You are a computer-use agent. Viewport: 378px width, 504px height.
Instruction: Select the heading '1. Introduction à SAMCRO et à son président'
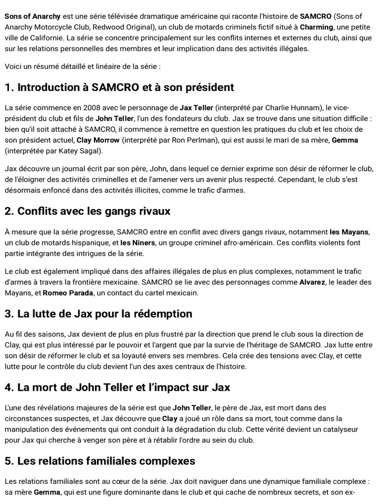point(119,88)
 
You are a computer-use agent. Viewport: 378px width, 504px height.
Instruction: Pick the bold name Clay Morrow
point(98,140)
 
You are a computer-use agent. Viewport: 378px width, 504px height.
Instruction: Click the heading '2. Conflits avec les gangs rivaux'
point(88,211)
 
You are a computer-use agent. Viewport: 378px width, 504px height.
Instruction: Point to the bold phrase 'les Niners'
point(138,243)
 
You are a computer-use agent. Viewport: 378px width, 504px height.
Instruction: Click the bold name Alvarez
point(313,282)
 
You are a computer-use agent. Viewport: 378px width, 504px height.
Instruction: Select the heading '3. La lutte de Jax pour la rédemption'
point(98,314)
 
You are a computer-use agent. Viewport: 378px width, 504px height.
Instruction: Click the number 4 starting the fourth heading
point(8,387)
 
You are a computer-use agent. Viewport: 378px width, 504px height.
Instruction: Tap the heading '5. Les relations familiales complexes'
point(100,461)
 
